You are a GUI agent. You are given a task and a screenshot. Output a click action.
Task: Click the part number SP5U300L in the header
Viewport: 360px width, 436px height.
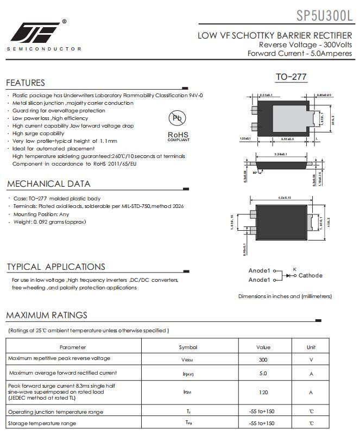324,15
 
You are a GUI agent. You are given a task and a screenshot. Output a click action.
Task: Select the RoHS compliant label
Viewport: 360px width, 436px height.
178,136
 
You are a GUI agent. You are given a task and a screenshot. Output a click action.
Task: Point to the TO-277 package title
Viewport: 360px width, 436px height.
291,77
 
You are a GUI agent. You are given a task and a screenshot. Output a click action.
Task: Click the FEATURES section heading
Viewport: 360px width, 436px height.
26,83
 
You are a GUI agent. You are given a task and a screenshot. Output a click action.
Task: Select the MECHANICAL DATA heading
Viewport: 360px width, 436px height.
49,184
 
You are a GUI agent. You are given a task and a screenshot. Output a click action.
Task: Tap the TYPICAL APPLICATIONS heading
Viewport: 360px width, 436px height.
56,267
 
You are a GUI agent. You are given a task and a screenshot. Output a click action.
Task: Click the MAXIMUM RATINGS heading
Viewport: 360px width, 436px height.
47,315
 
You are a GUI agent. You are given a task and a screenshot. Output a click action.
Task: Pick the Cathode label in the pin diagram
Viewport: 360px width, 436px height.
310,276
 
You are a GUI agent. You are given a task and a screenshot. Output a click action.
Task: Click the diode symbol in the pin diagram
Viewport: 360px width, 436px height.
288,276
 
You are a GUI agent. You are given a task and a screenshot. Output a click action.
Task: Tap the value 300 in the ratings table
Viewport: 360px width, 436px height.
263,359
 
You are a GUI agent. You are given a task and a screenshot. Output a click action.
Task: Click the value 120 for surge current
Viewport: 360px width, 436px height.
263,392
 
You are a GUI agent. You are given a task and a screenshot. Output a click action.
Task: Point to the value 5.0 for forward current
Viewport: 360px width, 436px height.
263,374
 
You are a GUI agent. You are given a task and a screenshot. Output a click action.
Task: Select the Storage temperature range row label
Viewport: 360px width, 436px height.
42,424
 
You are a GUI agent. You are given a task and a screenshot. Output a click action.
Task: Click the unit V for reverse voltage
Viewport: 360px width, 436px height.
311,359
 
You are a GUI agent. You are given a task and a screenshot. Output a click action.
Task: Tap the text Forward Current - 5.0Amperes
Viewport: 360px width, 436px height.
299,53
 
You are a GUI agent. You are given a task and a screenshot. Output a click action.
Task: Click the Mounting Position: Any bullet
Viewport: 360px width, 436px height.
41,214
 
